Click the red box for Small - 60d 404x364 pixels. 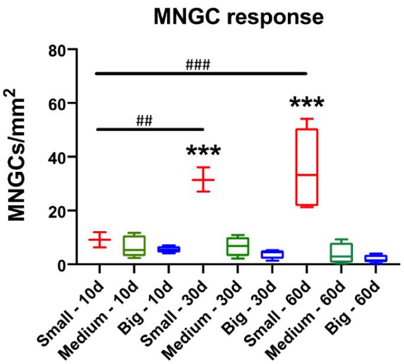click(x=307, y=167)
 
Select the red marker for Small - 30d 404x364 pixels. click(x=203, y=179)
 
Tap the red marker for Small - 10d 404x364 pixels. click(x=100, y=240)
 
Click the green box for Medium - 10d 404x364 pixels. click(x=134, y=245)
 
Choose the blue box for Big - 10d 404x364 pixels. click(x=169, y=250)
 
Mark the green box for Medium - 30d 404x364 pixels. click(x=238, y=246)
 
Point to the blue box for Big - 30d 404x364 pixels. click(x=272, y=254)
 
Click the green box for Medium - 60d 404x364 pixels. click(x=341, y=253)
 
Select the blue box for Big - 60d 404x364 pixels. click(x=376, y=258)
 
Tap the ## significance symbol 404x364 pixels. click(x=144, y=120)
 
